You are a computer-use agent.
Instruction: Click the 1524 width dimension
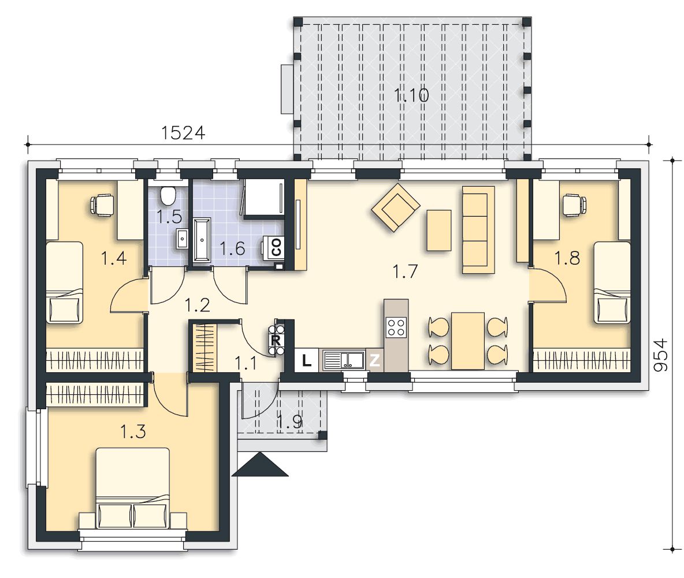pos(183,133)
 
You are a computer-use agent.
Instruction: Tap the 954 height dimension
pos(660,355)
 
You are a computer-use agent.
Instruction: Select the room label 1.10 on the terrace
pos(411,95)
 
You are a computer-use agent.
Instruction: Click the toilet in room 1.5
pos(168,195)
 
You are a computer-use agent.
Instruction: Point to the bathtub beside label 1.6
pos(202,240)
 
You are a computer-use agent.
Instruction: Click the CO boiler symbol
pos(276,247)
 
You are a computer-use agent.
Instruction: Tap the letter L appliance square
pos(307,360)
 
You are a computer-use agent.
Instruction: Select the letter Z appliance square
pos(374,360)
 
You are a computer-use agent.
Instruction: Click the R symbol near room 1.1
pos(276,340)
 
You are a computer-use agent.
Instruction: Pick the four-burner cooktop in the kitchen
pos(396,327)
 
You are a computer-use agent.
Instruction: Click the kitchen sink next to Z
pos(344,360)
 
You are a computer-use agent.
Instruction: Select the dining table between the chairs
pos(467,340)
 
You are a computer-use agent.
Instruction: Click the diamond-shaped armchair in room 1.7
pos(396,207)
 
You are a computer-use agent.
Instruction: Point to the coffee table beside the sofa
pos(439,230)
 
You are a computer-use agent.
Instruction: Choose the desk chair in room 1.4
pos(102,205)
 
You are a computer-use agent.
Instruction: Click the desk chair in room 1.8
pos(574,205)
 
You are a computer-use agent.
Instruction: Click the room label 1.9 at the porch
pos(289,421)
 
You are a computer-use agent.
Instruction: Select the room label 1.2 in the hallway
pos(197,305)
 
